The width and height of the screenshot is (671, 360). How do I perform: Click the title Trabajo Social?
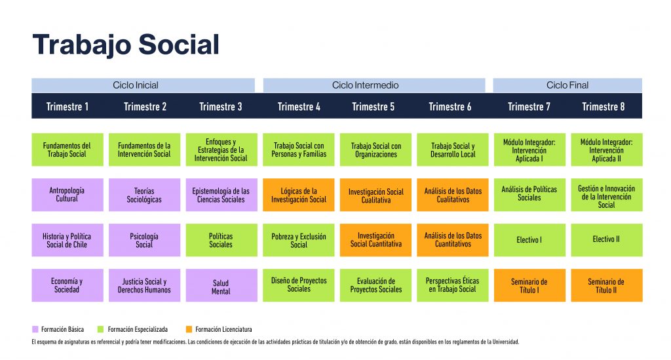(126, 45)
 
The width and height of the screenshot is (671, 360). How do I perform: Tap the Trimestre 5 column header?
(373, 107)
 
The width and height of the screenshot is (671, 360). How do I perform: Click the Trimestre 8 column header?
(604, 107)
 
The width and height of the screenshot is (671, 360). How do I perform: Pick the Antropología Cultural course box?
(67, 195)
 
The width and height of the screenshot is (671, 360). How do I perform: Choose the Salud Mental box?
(221, 285)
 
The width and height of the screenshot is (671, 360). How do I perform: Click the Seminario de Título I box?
(529, 285)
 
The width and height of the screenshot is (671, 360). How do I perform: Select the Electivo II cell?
(606, 240)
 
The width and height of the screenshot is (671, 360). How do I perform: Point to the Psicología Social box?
(144, 240)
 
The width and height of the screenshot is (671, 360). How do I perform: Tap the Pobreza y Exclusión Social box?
(298, 240)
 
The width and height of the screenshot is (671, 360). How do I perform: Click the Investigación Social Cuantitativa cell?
(375, 240)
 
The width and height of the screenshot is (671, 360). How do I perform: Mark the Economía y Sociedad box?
(67, 285)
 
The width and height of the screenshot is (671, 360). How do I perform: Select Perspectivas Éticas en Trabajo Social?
(452, 285)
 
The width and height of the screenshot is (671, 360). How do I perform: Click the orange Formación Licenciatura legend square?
(189, 329)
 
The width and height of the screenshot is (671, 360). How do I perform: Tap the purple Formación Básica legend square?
(35, 329)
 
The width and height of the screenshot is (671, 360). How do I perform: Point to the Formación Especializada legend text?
(138, 330)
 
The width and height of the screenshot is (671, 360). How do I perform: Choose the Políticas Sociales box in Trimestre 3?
(221, 240)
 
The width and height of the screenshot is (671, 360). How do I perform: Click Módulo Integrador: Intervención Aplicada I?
(529, 150)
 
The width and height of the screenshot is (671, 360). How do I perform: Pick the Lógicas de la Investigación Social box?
(298, 195)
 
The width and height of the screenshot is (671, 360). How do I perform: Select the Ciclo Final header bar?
(567, 85)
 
